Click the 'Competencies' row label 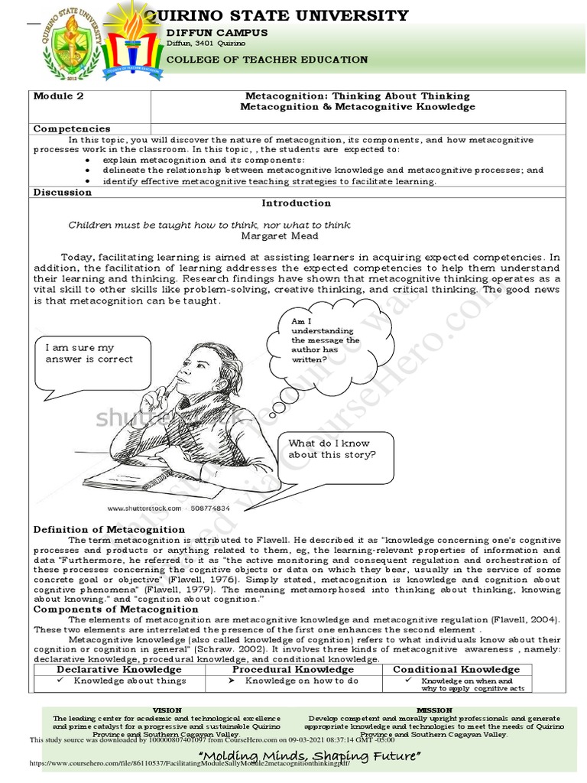coord(72,128)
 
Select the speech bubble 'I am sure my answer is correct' coord(89,354)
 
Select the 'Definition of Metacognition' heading coord(109,529)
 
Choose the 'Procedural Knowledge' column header coord(293,669)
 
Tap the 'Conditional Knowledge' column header coord(456,669)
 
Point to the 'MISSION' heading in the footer coord(435,710)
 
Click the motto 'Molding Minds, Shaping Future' coord(309,756)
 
